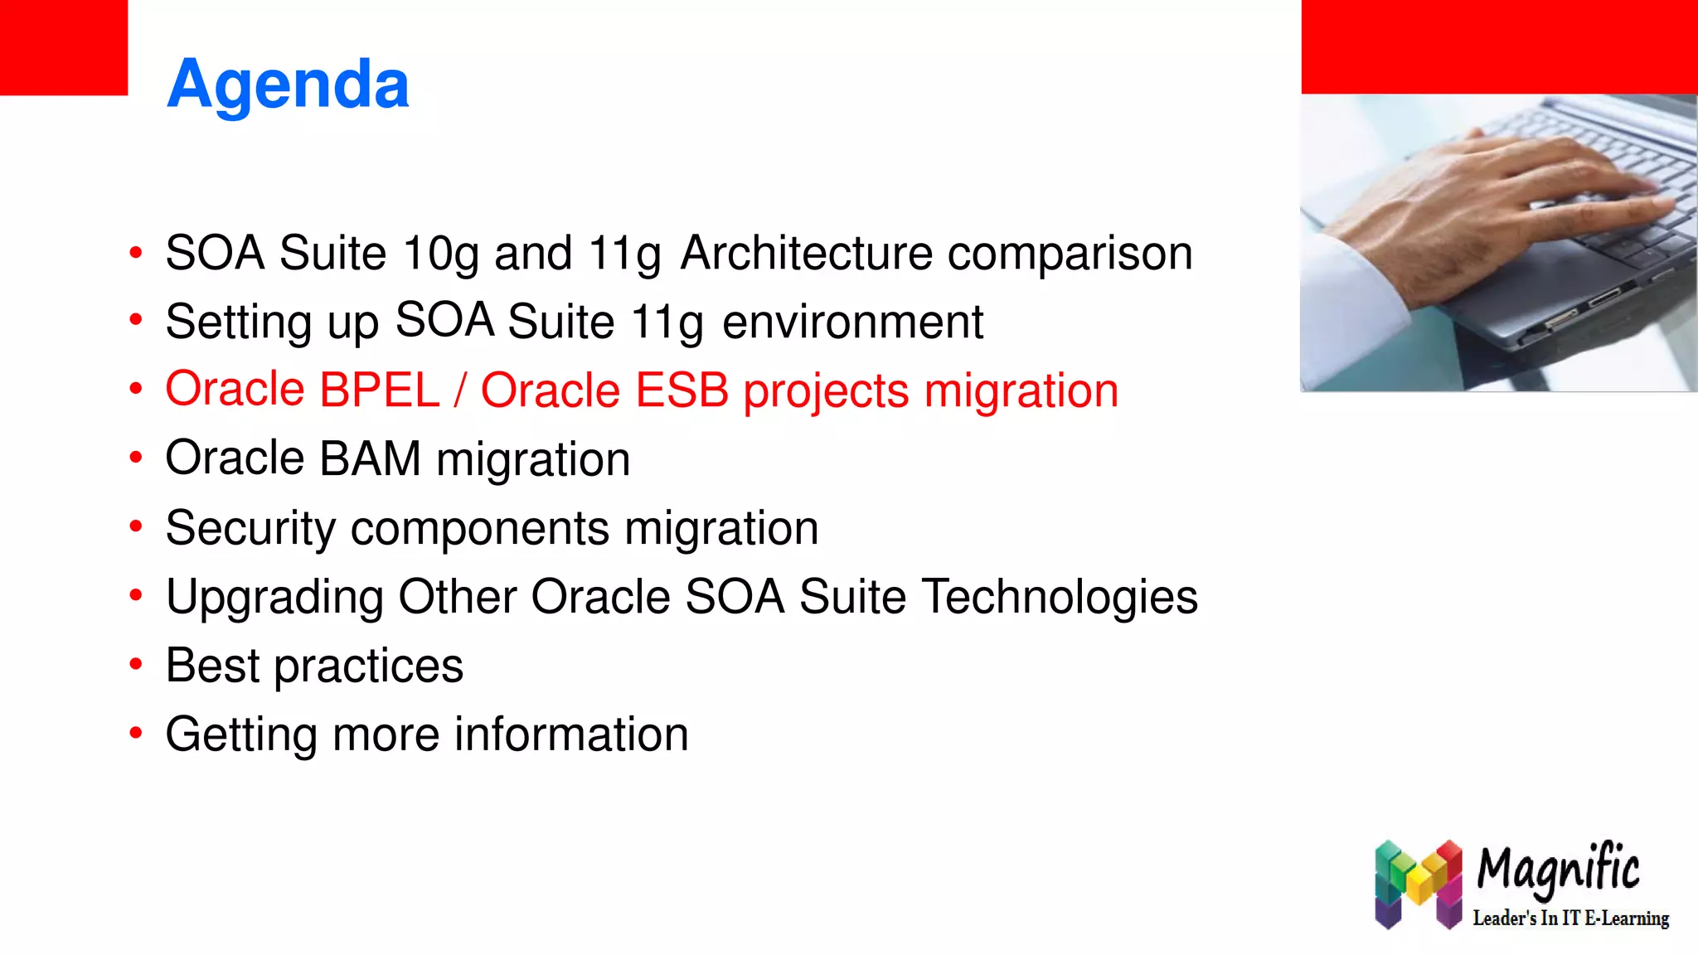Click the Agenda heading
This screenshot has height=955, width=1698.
coord(288,84)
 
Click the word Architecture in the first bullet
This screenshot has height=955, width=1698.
coord(806,253)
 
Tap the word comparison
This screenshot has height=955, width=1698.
coord(1070,253)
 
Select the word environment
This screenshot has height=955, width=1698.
coord(852,322)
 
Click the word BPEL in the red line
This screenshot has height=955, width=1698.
coord(379,390)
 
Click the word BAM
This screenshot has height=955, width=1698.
coord(370,458)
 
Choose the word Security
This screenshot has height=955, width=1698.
coord(250,528)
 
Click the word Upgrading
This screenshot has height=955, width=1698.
coord(274,597)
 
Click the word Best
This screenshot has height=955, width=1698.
coord(212,666)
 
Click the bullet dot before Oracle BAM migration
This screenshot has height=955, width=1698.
coord(136,458)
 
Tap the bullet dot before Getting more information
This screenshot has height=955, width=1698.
coord(136,733)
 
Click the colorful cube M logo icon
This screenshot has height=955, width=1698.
coord(1418,884)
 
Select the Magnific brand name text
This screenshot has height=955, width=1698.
coord(1558,869)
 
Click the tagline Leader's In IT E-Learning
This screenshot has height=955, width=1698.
coord(1570,919)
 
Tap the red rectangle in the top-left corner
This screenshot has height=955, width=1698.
coord(64,47)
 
